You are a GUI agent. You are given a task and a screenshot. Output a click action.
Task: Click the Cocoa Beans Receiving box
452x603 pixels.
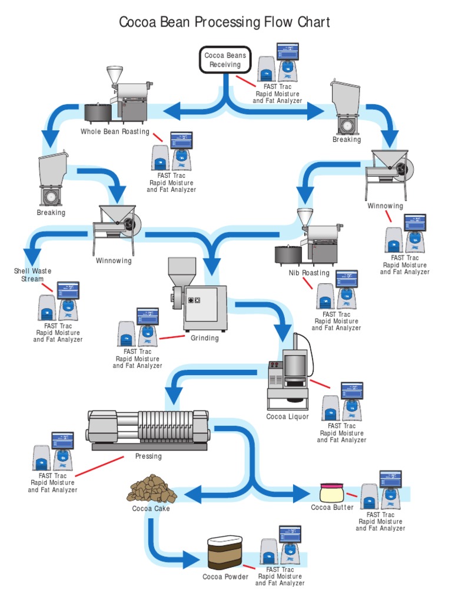point(225,60)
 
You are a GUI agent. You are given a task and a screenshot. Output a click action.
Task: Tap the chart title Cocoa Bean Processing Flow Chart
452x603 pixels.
point(224,22)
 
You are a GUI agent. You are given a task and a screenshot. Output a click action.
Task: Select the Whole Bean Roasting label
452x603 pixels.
point(115,132)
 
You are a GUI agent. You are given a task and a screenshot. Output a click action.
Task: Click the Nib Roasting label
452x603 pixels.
point(308,273)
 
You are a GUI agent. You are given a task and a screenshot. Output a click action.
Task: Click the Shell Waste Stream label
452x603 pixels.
point(32,275)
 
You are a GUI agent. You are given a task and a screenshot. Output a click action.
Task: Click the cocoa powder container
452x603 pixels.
point(225,554)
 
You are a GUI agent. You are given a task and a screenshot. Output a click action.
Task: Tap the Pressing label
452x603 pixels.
point(148,456)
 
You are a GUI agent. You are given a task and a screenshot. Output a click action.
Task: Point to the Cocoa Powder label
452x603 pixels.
point(225,577)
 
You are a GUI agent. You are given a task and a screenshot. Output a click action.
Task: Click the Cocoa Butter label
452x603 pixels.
point(333,508)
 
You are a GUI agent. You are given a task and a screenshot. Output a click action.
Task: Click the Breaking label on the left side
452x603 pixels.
point(51,213)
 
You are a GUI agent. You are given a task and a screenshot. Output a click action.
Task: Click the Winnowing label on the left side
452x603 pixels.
point(114,261)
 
